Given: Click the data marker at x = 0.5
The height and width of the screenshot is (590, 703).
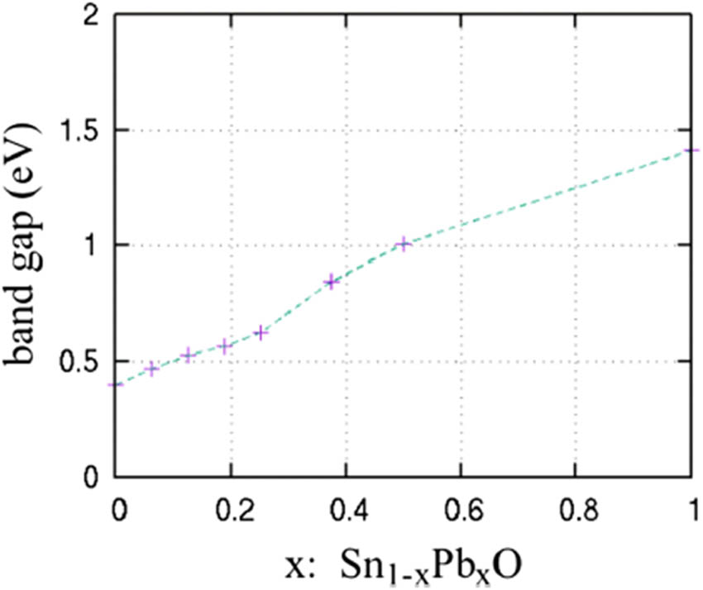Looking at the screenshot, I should [x=403, y=244].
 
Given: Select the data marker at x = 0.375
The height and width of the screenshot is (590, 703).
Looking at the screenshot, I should [x=332, y=282].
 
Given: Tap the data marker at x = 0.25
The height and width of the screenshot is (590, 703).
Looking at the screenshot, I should [x=260, y=332].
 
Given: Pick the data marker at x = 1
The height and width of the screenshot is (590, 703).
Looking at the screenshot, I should [x=691, y=150].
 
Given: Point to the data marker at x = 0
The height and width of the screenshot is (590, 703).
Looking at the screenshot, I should [x=117, y=384].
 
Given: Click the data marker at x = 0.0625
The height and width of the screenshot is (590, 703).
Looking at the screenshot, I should [x=152, y=369].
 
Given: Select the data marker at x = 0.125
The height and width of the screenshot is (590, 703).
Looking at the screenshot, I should [x=188, y=355].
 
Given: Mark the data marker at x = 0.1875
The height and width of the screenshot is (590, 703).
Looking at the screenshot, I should [x=224, y=345].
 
